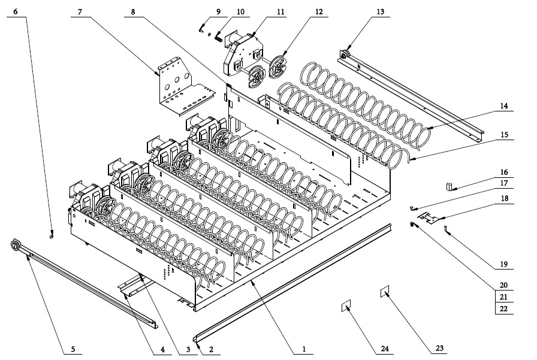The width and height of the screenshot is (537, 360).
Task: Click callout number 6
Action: [x=16, y=12]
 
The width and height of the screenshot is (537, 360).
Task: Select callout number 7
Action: [x=80, y=12]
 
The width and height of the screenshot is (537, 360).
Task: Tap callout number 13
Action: [x=381, y=12]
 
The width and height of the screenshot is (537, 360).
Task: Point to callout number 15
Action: [x=504, y=135]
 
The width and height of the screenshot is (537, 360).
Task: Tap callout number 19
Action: [x=503, y=263]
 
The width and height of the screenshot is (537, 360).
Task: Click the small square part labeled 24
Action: [x=345, y=307]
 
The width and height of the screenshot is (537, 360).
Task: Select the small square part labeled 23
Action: [x=384, y=292]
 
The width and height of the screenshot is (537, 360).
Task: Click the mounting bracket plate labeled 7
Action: [x=176, y=84]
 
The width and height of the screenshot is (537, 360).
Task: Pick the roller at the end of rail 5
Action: [x=16, y=246]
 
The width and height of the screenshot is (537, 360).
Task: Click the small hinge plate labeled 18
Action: [x=429, y=216]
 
